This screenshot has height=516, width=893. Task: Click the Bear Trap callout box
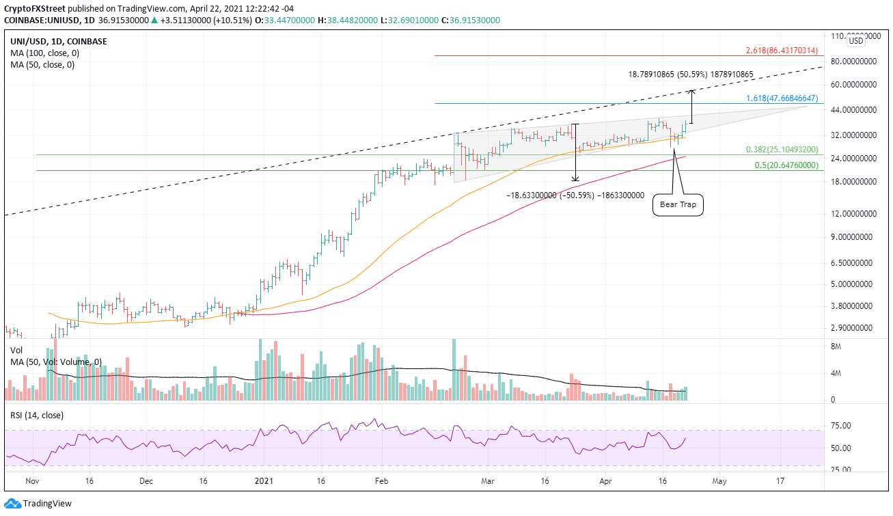(678, 204)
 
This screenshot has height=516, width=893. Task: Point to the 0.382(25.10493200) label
(781, 150)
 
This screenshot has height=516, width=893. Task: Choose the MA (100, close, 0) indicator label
(43, 53)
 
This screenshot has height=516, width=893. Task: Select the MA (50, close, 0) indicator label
(40, 65)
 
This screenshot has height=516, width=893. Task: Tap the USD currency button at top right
(855, 42)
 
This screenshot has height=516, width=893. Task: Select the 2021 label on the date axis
(264, 480)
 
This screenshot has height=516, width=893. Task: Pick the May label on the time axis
(719, 480)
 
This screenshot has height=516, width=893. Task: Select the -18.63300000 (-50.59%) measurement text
(575, 195)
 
